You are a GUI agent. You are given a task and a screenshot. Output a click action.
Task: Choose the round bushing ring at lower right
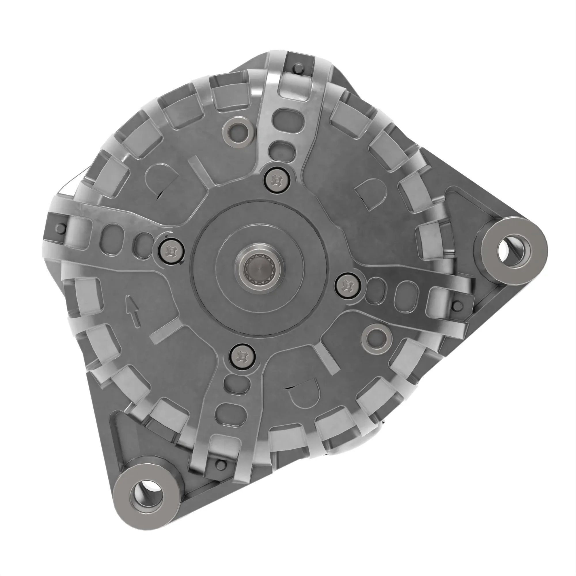pyautogui.click(x=376, y=338)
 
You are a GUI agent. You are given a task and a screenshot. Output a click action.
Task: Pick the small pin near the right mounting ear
pyautogui.click(x=456, y=306)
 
